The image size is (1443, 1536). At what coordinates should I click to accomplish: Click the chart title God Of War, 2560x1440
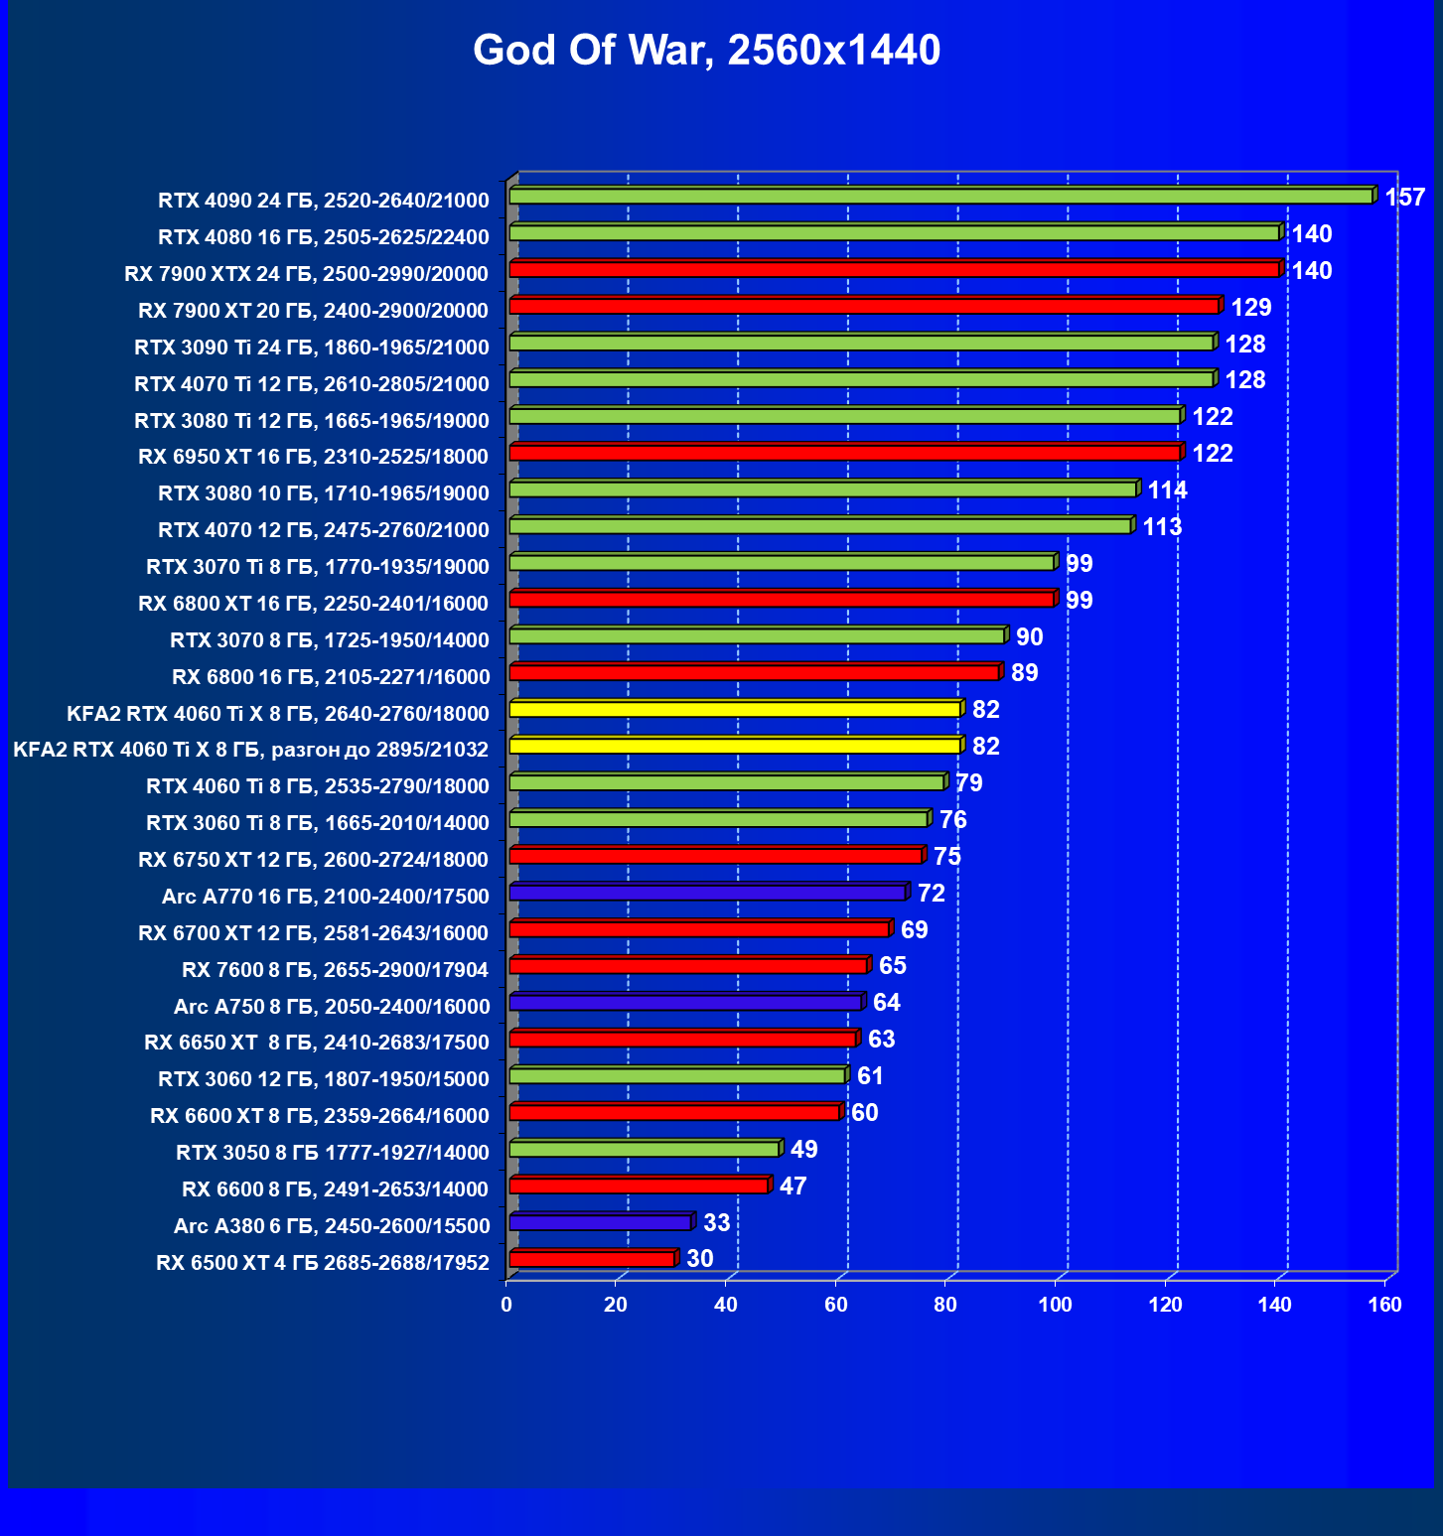706,51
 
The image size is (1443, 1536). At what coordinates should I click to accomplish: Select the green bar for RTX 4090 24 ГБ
941,197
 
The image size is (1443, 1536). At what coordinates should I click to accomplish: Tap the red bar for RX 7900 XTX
894,270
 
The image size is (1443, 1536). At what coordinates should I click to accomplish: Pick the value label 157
1404,198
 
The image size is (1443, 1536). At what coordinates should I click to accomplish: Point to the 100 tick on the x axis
1055,1305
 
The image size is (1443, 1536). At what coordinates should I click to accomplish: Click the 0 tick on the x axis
506,1305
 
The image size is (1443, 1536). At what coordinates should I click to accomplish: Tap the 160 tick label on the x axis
1384,1305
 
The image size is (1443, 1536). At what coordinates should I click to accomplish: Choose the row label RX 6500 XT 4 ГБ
323,1263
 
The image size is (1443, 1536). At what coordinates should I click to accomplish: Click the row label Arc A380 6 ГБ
332,1226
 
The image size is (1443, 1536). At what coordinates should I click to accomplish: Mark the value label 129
1250,308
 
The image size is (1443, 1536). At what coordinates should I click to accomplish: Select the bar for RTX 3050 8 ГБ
645,1150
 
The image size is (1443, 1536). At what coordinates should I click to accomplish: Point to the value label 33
716,1223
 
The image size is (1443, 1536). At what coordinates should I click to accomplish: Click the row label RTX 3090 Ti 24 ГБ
312,348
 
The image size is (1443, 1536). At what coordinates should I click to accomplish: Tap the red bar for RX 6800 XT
782,600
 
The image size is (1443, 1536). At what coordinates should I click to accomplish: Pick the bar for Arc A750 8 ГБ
685,1003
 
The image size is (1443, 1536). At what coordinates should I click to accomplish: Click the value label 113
1162,527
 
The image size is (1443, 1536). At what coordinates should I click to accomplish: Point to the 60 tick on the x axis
835,1305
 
